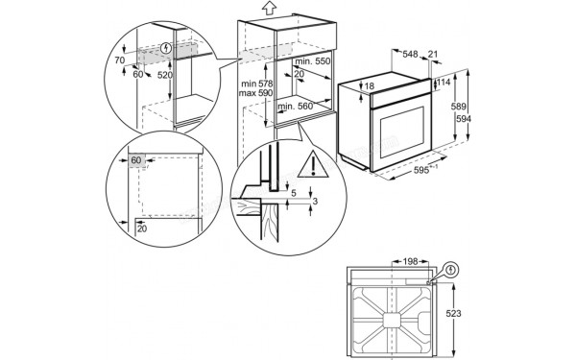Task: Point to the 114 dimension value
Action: (x=444, y=83)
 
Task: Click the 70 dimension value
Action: (x=120, y=60)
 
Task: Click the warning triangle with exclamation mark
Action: (x=311, y=167)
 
